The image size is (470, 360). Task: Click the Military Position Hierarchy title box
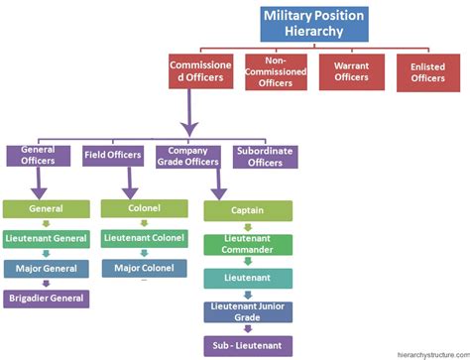313,24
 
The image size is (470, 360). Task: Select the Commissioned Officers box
201,71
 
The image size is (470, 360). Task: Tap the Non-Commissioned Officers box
276,71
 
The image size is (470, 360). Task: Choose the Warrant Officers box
351,71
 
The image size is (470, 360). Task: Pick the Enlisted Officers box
427,71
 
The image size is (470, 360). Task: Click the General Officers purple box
38,156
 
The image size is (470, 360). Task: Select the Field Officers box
113,156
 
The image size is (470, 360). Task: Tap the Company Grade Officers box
188,156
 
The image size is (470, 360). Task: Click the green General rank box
47,209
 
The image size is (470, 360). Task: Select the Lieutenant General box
47,239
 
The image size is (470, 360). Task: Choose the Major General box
47,268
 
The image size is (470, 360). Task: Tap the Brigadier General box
47,297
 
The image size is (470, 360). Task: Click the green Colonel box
145,209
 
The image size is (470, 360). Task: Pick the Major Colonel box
145,268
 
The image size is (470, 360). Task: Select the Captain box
248,210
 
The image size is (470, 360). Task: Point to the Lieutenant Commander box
248,245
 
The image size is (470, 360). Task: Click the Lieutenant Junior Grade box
248,312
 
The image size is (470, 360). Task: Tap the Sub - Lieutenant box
248,346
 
